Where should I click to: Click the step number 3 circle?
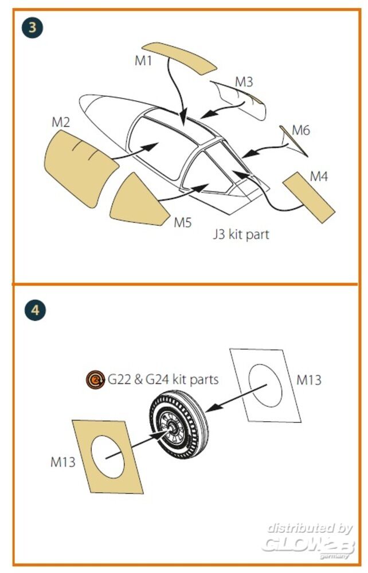[x=33, y=28]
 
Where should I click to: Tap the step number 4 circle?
[x=35, y=310]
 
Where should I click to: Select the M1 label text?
[x=143, y=61]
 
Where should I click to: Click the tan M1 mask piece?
[x=179, y=58]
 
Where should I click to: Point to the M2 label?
[x=61, y=122]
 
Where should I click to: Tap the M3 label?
[x=244, y=82]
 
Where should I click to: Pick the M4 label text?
[x=319, y=177]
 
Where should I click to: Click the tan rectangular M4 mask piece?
[x=309, y=197]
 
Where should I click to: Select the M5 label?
[x=183, y=222]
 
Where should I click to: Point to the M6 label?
[x=301, y=130]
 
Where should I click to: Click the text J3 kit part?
[x=241, y=234]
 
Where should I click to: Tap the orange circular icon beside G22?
[x=95, y=380]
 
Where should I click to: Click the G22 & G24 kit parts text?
[x=163, y=379]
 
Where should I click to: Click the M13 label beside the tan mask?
[x=63, y=462]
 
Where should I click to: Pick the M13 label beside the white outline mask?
[x=309, y=380]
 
